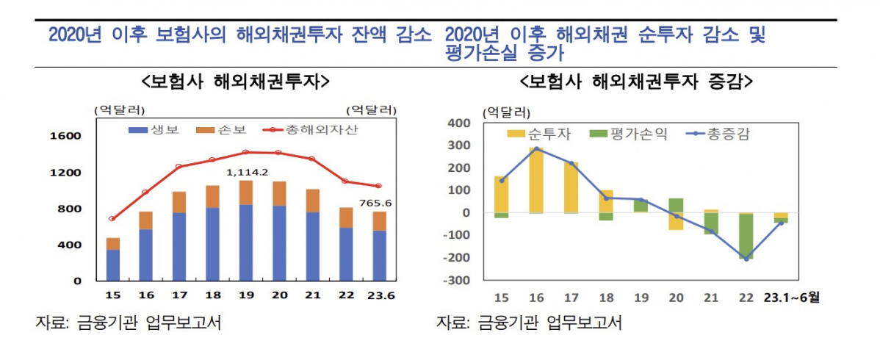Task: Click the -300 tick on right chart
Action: point(460,281)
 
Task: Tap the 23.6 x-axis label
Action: point(379,297)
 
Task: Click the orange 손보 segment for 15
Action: point(112,244)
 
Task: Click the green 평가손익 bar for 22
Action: point(746,237)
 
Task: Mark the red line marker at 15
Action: point(112,219)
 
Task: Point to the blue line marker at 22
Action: point(746,259)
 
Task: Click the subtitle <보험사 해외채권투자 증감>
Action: point(636,80)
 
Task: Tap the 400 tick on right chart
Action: point(461,123)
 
